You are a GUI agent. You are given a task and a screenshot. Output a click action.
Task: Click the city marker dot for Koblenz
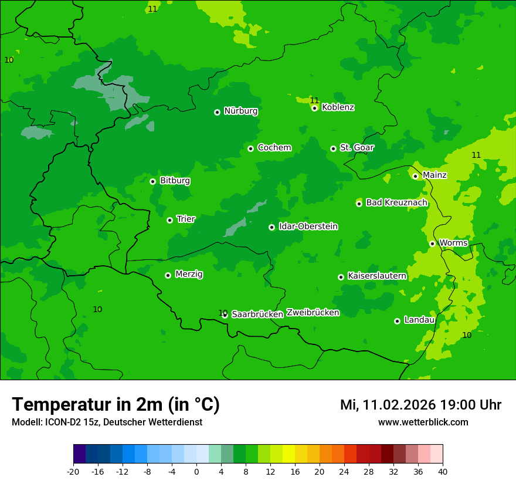click(315, 108)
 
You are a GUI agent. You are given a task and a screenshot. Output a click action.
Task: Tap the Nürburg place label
click(240, 111)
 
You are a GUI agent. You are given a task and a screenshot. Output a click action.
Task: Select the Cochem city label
click(274, 147)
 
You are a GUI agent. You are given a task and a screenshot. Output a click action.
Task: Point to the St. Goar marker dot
click(333, 148)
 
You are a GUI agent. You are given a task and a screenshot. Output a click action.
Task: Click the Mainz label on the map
click(434, 175)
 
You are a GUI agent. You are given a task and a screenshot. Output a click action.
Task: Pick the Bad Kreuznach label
click(396, 202)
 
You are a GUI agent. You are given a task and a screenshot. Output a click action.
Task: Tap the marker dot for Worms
click(432, 243)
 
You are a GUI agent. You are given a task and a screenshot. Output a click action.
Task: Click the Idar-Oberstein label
click(308, 226)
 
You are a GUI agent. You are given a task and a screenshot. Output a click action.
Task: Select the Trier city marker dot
click(169, 220)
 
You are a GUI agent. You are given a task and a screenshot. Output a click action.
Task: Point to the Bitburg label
click(175, 181)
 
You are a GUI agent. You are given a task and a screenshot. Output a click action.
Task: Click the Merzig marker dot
click(168, 275)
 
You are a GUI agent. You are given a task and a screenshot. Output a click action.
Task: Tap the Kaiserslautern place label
click(377, 276)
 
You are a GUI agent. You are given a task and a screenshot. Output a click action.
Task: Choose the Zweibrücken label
click(313, 313)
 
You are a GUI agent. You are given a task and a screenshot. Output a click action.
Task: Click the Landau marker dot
click(397, 321)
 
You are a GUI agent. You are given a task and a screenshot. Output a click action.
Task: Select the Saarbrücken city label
click(257, 314)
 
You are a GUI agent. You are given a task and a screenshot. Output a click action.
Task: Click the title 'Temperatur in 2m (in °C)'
click(116, 404)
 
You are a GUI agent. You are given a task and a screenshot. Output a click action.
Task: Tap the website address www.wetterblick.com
click(423, 422)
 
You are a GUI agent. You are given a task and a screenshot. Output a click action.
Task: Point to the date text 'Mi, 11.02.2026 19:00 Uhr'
click(420, 405)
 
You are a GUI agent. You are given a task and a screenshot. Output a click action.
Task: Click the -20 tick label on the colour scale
click(73, 472)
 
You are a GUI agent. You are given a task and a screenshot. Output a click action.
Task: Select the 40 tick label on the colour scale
click(443, 472)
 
